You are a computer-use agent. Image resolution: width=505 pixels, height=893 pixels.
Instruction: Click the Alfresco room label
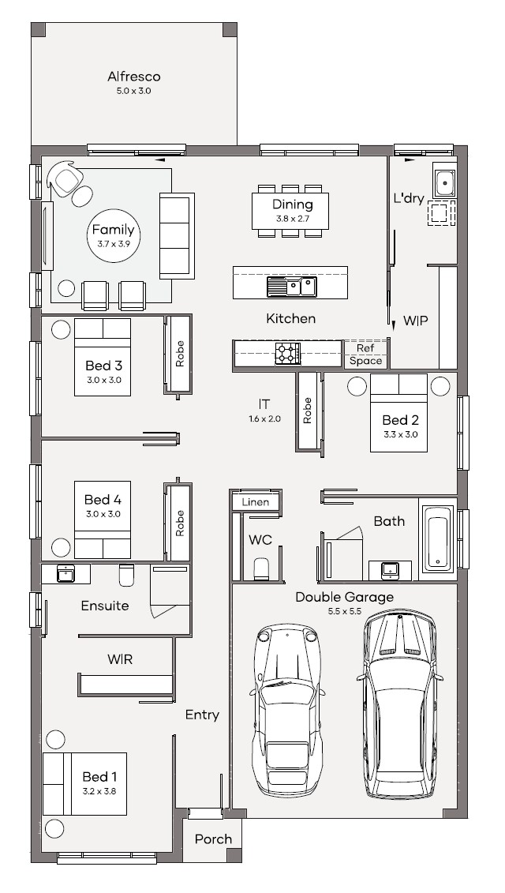[133, 77]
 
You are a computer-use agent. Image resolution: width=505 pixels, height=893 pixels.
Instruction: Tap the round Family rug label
[113, 231]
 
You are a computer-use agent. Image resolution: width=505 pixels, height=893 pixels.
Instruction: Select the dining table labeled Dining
[292, 211]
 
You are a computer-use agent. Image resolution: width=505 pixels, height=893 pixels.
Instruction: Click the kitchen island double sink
[291, 286]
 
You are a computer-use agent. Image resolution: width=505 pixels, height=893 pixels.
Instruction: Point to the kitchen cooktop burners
[287, 353]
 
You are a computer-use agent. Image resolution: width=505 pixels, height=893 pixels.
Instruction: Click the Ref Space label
[365, 355]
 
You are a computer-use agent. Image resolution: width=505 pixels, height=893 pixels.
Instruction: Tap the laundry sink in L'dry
[443, 182]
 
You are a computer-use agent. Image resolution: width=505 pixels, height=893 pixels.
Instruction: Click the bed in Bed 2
[398, 412]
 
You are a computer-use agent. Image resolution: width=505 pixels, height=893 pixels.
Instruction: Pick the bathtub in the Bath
[437, 538]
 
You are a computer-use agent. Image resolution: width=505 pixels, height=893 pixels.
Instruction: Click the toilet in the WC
[261, 568]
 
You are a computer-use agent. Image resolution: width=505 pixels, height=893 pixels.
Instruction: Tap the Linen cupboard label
[256, 502]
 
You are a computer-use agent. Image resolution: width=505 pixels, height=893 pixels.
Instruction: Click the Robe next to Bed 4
[179, 523]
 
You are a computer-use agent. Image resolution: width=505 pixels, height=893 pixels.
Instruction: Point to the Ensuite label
[105, 606]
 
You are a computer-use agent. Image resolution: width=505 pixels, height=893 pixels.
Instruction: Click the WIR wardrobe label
[120, 658]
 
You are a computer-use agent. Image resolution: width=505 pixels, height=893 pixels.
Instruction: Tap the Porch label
[213, 839]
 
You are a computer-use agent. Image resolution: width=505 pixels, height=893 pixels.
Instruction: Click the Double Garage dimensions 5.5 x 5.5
[344, 611]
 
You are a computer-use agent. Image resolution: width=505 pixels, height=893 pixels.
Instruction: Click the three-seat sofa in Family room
[176, 235]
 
